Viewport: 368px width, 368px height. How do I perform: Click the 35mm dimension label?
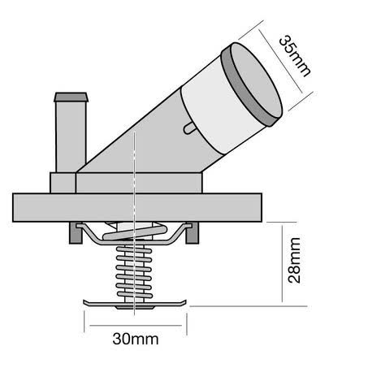(295, 56)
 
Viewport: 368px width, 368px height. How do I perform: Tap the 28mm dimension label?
(294, 261)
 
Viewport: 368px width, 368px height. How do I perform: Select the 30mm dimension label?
(136, 339)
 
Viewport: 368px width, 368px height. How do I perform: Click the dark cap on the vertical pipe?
(71, 97)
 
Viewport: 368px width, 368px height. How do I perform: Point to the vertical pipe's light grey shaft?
(71, 136)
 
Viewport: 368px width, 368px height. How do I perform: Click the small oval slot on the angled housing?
(188, 128)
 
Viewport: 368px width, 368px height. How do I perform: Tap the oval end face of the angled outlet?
(256, 80)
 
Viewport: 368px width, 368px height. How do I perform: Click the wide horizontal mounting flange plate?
(137, 207)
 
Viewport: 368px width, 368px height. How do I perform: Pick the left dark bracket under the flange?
(76, 233)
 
